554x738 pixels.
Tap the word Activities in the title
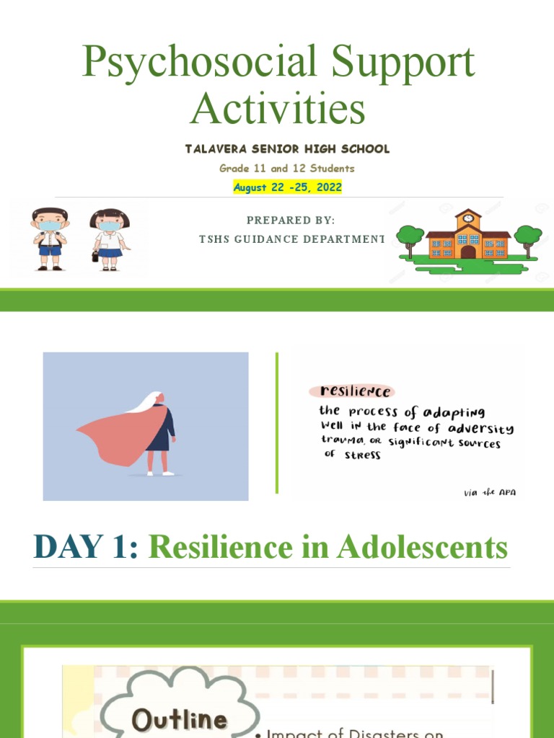tap(278, 110)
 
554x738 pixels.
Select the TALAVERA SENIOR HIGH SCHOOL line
tap(287, 149)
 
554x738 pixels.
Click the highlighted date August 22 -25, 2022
tap(287, 187)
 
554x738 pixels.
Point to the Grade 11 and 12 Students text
tap(287, 168)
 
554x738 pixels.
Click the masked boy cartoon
tap(50, 239)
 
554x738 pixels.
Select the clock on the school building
tap(468, 218)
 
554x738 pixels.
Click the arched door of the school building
tap(468, 252)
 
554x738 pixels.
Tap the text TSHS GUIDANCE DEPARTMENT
tap(291, 239)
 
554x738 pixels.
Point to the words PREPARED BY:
tap(291, 220)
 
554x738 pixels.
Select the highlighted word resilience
tap(351, 391)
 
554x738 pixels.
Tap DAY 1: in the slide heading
tap(86, 547)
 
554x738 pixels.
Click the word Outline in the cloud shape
tap(179, 719)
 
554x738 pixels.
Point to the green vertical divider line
tap(277, 423)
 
